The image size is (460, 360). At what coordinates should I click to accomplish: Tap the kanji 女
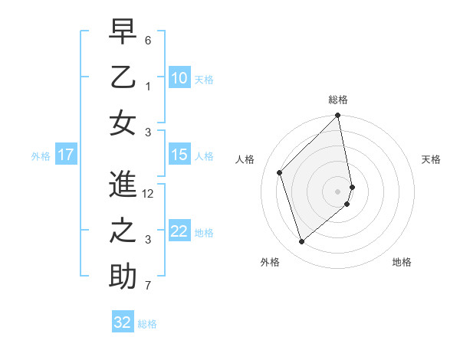point(122,123)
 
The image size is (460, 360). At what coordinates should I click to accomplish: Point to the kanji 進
point(122,185)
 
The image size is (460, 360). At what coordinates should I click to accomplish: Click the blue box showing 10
point(179,77)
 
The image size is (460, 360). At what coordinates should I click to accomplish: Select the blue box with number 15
point(179,155)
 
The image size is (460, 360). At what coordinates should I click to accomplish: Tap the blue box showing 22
point(179,231)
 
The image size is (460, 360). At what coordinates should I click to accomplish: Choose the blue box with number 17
point(65,155)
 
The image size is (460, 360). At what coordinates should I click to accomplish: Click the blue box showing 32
point(123,322)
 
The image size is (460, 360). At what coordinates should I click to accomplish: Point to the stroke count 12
point(149,194)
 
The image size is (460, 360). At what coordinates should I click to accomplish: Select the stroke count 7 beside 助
point(148,286)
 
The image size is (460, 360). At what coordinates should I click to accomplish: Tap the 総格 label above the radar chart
point(338,100)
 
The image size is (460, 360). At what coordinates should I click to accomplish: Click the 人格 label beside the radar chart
point(245,159)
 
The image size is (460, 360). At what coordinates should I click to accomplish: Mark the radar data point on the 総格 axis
point(338,116)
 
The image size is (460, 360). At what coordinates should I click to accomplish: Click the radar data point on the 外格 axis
point(301,241)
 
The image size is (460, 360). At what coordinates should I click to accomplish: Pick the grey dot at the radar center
point(338,191)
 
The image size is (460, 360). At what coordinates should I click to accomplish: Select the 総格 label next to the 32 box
point(147,324)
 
